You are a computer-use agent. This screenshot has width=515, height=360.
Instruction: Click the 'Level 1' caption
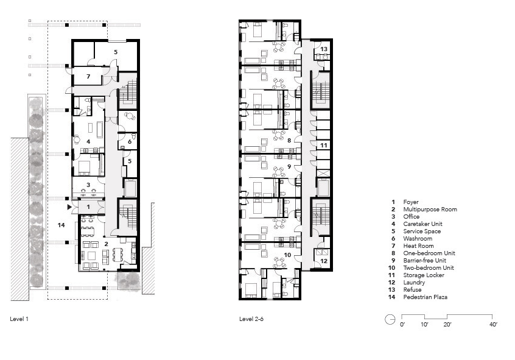pyautogui.click(x=19, y=319)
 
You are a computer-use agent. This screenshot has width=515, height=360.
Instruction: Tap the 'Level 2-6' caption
pyautogui.click(x=251, y=319)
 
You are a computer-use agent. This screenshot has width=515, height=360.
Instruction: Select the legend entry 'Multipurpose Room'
pyautogui.click(x=430, y=210)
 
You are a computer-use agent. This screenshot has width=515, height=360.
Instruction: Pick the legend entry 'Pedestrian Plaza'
pyautogui.click(x=425, y=297)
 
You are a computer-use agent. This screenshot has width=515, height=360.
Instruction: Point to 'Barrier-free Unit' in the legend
pyautogui.click(x=424, y=260)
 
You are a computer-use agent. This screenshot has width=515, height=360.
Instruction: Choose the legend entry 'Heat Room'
pyautogui.click(x=418, y=246)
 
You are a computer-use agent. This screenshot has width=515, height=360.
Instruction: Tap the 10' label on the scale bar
pyautogui.click(x=424, y=325)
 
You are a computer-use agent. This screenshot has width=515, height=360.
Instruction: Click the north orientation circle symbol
pyautogui.click(x=390, y=320)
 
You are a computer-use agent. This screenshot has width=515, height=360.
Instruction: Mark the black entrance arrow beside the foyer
pyautogui.click(x=69, y=207)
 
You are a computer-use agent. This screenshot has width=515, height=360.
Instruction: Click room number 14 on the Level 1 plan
pyautogui.click(x=61, y=225)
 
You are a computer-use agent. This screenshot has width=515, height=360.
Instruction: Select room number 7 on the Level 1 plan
pyautogui.click(x=88, y=76)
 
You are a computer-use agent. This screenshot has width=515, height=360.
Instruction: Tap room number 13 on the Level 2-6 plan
pyautogui.click(x=323, y=49)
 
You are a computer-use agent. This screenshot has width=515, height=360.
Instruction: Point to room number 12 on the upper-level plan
pyautogui.click(x=323, y=261)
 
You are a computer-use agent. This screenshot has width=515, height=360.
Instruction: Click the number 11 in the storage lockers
pyautogui.click(x=323, y=145)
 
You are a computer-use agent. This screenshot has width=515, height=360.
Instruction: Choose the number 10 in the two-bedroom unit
pyautogui.click(x=287, y=255)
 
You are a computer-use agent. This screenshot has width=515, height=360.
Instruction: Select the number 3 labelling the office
pyautogui.click(x=88, y=185)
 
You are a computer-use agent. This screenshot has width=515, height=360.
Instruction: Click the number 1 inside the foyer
pyautogui.click(x=88, y=207)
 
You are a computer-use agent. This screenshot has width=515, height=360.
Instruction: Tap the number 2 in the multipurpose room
pyautogui.click(x=106, y=244)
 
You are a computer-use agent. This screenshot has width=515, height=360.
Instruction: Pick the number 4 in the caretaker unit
pyautogui.click(x=88, y=141)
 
